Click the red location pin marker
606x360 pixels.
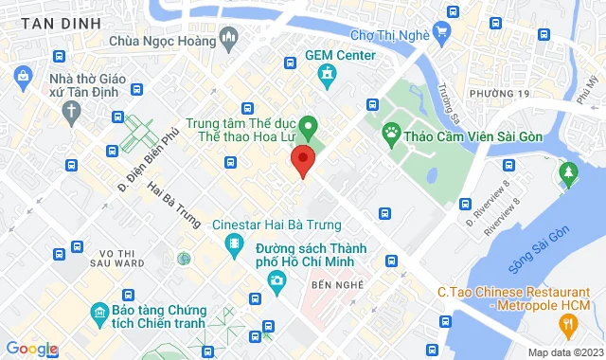pos(302,158)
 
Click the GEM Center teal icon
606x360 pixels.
pos(328,74)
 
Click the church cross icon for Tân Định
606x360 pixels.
pos(72,111)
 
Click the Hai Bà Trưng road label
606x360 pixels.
pos(175,204)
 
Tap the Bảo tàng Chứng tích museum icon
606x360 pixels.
pos(98,313)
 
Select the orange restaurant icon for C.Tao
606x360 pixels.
pos(567,326)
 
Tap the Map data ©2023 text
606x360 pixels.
pos(562,352)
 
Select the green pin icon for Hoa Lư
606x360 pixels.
pos(307,125)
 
